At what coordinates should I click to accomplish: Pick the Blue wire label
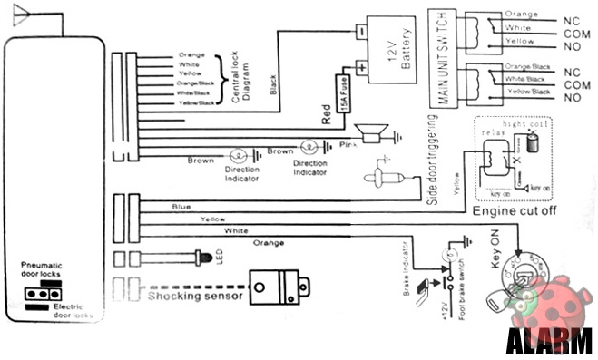click(x=181, y=207)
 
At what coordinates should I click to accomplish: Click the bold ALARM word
click(x=548, y=343)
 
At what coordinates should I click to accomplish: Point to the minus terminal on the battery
click(x=359, y=30)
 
